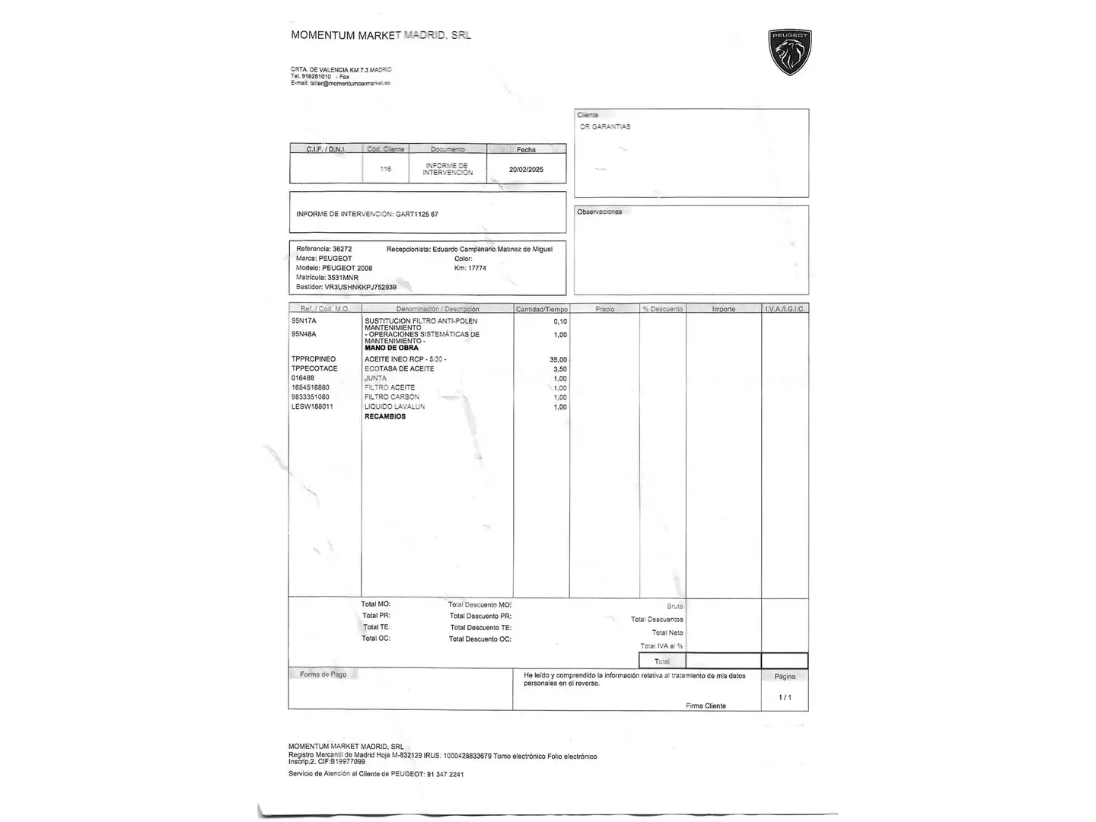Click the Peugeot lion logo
(790, 53)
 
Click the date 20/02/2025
(526, 170)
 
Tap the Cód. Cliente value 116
(386, 169)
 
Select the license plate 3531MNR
(342, 278)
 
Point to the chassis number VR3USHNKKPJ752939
(360, 288)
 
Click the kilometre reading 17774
(477, 269)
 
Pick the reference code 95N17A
(304, 321)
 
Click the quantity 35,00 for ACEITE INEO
(558, 360)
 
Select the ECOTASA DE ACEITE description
(399, 369)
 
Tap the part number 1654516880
(311, 387)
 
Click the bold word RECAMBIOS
(385, 417)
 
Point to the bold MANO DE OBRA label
(391, 348)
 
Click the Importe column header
(723, 309)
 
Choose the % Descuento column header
(662, 309)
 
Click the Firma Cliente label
(706, 706)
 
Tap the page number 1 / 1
(785, 697)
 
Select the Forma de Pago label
(323, 675)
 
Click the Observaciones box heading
(599, 212)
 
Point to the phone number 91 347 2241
(444, 775)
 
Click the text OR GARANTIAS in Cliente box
(605, 127)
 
